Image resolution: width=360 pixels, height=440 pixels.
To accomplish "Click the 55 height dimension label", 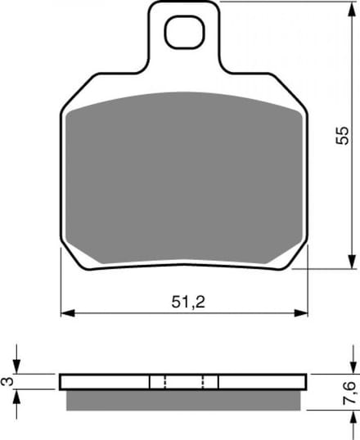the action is click(342, 136).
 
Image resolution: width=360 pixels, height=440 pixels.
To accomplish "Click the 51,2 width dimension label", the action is click(188, 303).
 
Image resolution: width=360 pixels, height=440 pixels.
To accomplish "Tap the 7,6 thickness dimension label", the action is click(350, 393).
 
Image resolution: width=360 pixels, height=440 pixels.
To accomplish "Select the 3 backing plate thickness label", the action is click(7, 381).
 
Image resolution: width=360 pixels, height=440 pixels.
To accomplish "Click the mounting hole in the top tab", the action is click(184, 32).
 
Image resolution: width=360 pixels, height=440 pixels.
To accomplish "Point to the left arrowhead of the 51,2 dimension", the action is click(68, 313).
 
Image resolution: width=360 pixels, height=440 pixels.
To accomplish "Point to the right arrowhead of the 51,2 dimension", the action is click(301, 313).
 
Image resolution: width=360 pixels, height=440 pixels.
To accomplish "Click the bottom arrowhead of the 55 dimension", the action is click(352, 262).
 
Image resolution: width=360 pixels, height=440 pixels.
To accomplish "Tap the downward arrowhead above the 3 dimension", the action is click(17, 366).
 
